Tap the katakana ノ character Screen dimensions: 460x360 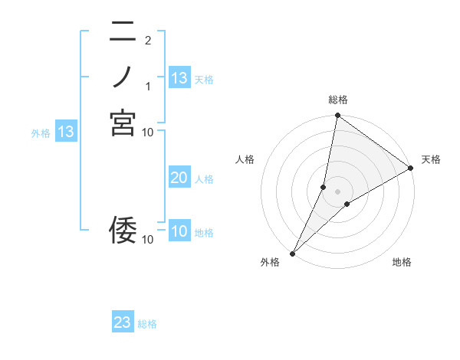tap(123, 77)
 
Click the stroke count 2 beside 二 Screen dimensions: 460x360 tap(148, 40)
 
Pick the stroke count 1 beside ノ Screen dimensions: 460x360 tap(148, 86)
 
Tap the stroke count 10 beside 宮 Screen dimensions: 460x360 tap(148, 132)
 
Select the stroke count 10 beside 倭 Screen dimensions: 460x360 tap(148, 239)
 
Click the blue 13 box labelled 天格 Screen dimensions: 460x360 tap(179, 78)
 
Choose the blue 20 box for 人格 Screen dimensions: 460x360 tap(179, 178)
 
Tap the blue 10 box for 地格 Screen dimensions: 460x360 tap(179, 231)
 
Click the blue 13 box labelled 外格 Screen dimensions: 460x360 tap(66, 132)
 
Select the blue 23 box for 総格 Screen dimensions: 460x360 tap(123, 322)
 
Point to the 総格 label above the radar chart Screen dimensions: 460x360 tap(337, 100)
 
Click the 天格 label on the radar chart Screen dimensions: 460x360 tap(431, 159)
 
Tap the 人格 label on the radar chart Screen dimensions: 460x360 tap(245, 159)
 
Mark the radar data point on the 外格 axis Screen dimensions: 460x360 tap(292, 254)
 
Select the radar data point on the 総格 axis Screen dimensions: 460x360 tap(337, 116)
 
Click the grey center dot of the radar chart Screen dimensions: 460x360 tap(337, 191)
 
